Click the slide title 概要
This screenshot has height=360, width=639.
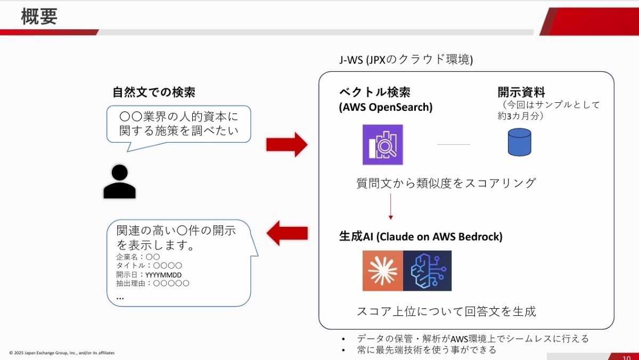point(39,17)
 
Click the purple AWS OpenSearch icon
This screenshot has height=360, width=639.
point(382,144)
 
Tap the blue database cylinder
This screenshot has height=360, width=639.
point(519,142)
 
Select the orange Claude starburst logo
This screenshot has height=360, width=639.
point(382,271)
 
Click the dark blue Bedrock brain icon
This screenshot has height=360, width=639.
point(427,271)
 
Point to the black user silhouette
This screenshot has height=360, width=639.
point(119,182)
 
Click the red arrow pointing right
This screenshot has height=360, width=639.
point(286,144)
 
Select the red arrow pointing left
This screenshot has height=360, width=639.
point(287,233)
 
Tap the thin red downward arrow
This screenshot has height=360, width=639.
point(390,206)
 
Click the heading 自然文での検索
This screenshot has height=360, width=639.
point(153,92)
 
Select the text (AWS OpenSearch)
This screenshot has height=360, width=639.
point(386,107)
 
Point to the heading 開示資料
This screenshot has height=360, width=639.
point(521,92)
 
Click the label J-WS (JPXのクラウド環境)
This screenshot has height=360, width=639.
point(406,60)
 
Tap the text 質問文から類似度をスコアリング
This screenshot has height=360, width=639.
point(446,183)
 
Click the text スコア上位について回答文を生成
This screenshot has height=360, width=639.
point(446,312)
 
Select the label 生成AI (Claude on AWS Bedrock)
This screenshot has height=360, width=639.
point(421,236)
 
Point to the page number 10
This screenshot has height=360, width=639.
point(626,356)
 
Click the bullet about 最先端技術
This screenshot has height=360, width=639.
point(427,350)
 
